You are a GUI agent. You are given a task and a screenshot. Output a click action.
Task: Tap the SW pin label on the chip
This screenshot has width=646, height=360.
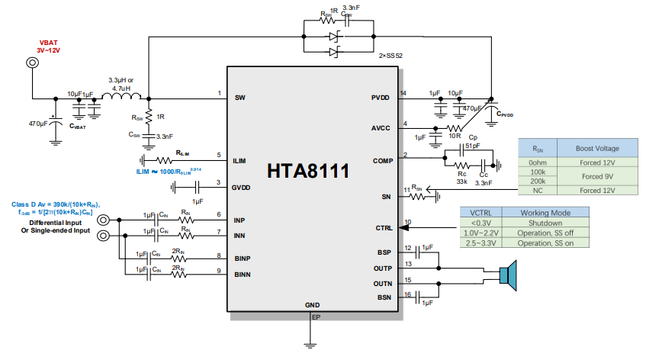click(239, 98)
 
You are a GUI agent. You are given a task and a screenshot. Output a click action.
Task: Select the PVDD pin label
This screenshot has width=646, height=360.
click(380, 98)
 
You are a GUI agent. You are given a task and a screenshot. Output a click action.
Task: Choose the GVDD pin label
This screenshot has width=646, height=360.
click(243, 186)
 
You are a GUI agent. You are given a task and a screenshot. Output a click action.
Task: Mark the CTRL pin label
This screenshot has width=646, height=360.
click(383, 228)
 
